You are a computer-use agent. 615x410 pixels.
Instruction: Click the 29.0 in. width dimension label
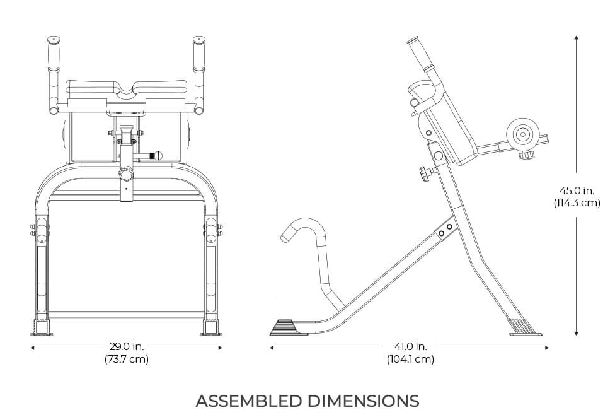(126, 346)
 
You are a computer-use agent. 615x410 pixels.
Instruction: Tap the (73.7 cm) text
(126, 360)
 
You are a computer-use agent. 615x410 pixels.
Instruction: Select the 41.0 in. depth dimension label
(410, 346)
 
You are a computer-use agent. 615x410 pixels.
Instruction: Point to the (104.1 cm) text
(410, 360)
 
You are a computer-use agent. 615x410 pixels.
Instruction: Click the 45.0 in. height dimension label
(577, 190)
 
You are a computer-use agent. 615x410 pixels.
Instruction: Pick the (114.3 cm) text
(577, 203)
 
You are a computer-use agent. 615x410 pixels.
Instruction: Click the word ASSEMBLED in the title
(249, 401)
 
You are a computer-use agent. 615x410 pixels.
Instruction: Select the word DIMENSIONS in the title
(364, 401)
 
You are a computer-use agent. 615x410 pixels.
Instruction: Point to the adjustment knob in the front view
(127, 173)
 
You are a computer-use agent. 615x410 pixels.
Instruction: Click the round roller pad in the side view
(522, 134)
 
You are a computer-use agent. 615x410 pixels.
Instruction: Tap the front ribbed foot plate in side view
(288, 328)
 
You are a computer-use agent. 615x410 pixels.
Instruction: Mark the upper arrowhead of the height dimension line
(577, 38)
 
